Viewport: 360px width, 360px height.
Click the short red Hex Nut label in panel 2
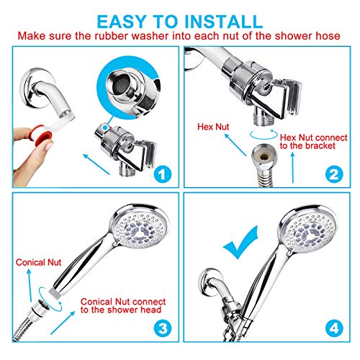coord(213,126)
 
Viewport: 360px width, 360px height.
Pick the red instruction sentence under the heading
coord(179,35)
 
